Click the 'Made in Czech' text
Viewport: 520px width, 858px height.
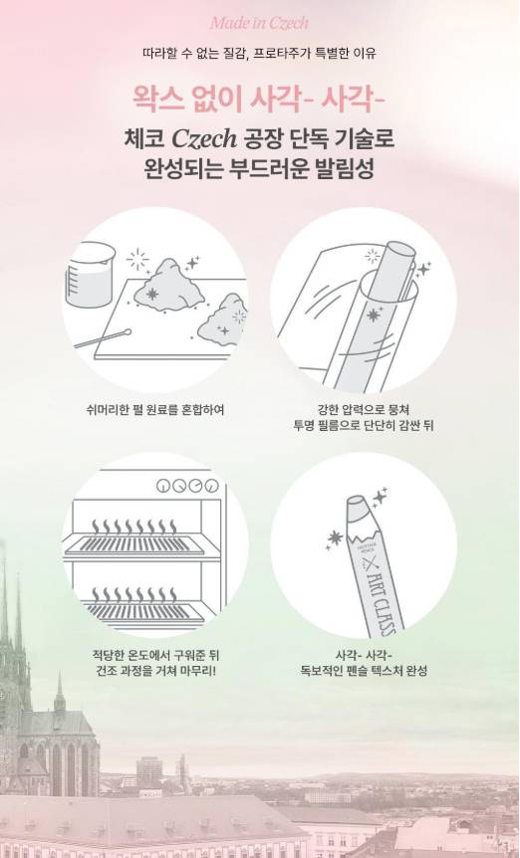point(259,23)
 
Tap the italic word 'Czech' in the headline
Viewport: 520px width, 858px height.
point(204,139)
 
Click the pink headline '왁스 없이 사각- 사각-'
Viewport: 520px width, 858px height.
point(259,100)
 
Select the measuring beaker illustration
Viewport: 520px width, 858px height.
point(90,275)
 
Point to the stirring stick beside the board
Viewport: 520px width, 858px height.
point(103,338)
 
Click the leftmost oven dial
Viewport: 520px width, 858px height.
point(163,486)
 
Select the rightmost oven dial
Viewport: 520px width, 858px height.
point(212,486)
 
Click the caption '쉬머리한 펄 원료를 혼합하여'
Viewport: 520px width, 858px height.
point(155,409)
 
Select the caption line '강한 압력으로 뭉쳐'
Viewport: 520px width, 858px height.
point(364,409)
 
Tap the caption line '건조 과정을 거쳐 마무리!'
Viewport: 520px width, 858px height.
point(155,670)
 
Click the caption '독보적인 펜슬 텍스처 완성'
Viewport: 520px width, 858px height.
point(364,670)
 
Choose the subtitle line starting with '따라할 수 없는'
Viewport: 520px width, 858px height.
point(259,54)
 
